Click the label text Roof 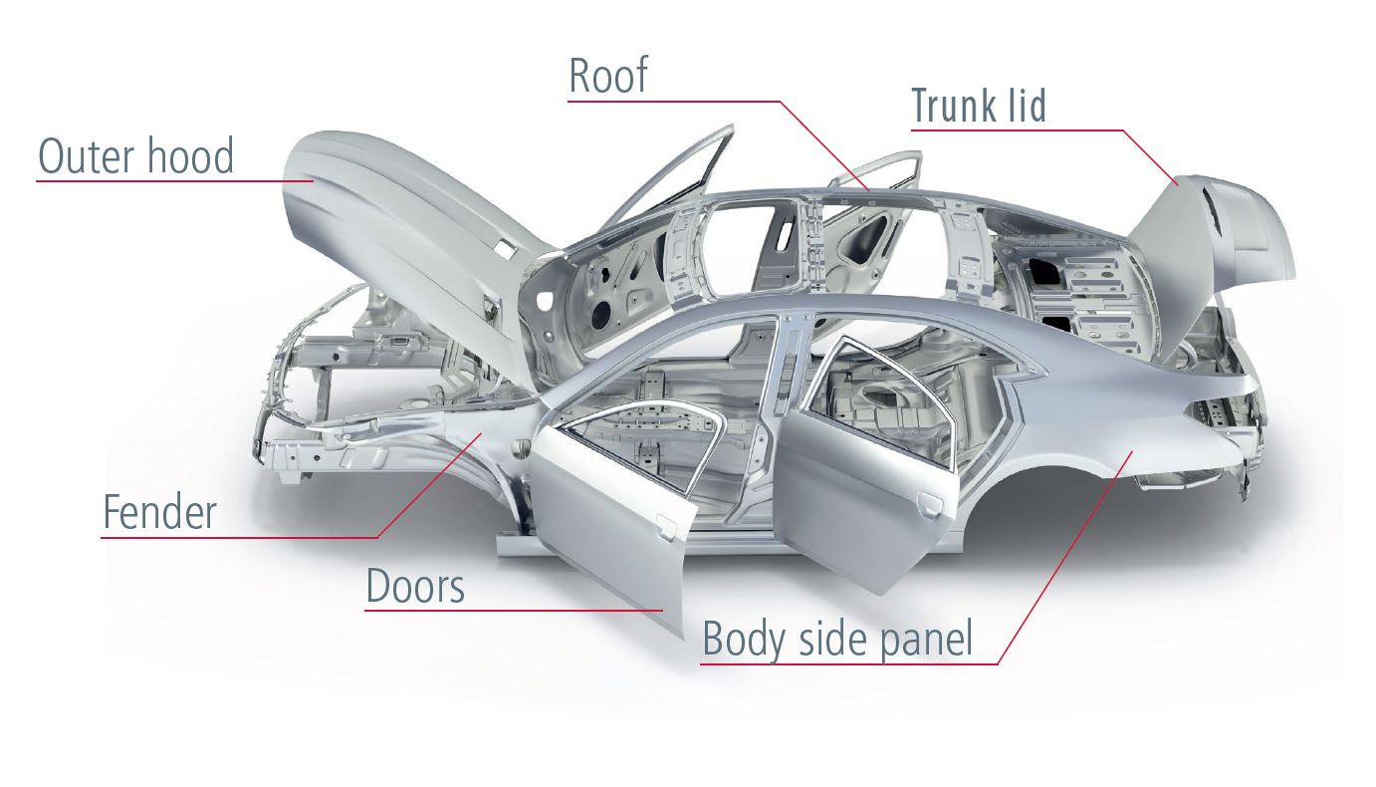click(608, 76)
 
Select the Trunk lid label click(979, 106)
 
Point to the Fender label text click(159, 512)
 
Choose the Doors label click(415, 586)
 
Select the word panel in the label click(922, 639)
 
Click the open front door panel click(607, 538)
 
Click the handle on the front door click(661, 520)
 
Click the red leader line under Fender click(239, 538)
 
